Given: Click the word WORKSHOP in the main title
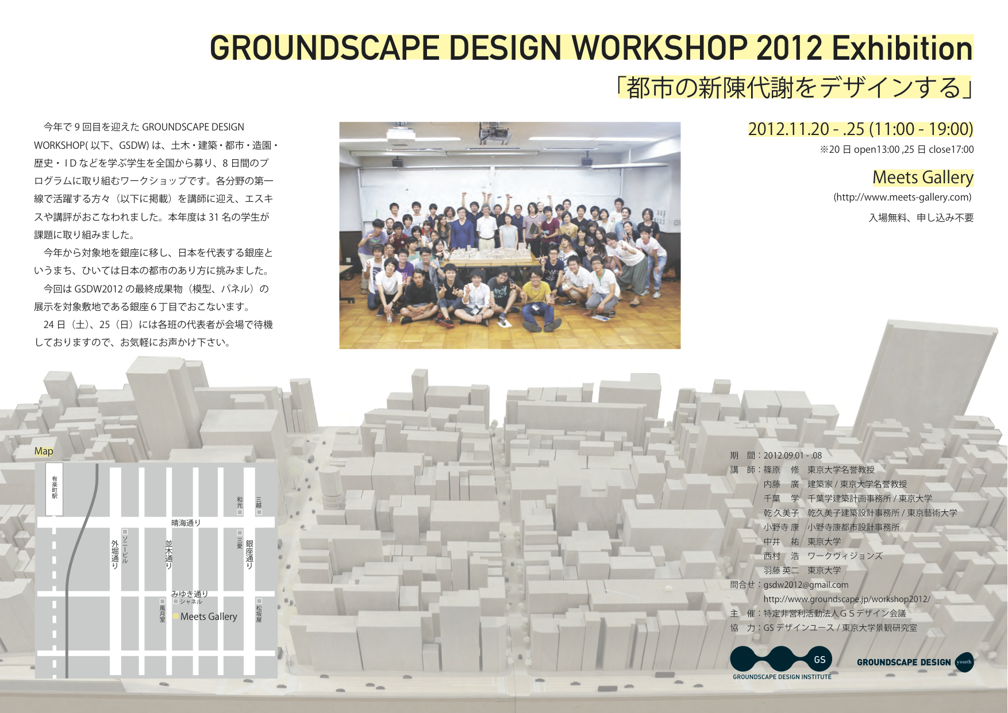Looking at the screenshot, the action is (659, 48).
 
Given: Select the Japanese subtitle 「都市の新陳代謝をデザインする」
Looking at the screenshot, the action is (795, 87).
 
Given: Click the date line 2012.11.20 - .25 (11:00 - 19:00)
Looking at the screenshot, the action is (860, 129).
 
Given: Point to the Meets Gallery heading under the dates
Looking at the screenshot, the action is (923, 178).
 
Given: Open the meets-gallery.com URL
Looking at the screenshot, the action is (902, 197).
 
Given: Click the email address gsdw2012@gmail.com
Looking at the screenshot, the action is (806, 585).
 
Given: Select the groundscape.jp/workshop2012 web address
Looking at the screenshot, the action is (847, 599).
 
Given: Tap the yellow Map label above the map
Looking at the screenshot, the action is (44, 451).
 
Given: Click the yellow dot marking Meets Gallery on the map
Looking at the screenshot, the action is (175, 616).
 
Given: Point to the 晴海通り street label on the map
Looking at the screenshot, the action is (186, 523).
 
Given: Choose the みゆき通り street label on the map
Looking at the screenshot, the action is (190, 594).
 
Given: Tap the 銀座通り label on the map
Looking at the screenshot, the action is (249, 554).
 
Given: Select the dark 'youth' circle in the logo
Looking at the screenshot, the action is (964, 662).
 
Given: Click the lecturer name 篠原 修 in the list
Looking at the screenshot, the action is (781, 470).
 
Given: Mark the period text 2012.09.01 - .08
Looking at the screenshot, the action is (792, 456).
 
